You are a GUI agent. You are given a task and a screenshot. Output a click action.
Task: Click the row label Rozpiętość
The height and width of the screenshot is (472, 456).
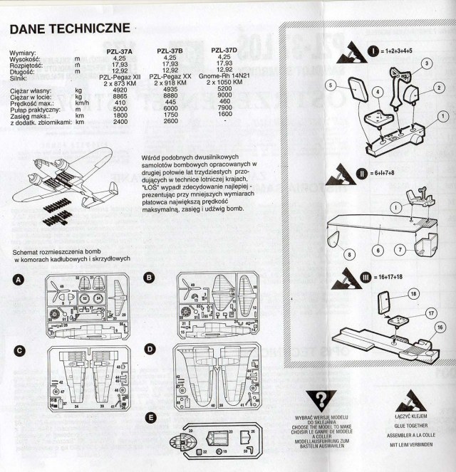click(28, 65)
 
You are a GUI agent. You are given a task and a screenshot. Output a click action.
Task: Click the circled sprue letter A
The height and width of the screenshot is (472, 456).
click(16, 281)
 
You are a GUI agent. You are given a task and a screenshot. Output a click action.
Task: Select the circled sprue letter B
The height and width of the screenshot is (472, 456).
click(149, 277)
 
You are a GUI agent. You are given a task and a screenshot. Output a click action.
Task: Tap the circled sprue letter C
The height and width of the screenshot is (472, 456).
click(16, 351)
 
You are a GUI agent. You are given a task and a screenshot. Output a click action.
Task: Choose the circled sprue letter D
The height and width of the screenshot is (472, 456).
click(149, 349)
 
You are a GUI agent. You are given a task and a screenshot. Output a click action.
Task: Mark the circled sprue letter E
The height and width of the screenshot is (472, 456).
click(149, 416)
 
